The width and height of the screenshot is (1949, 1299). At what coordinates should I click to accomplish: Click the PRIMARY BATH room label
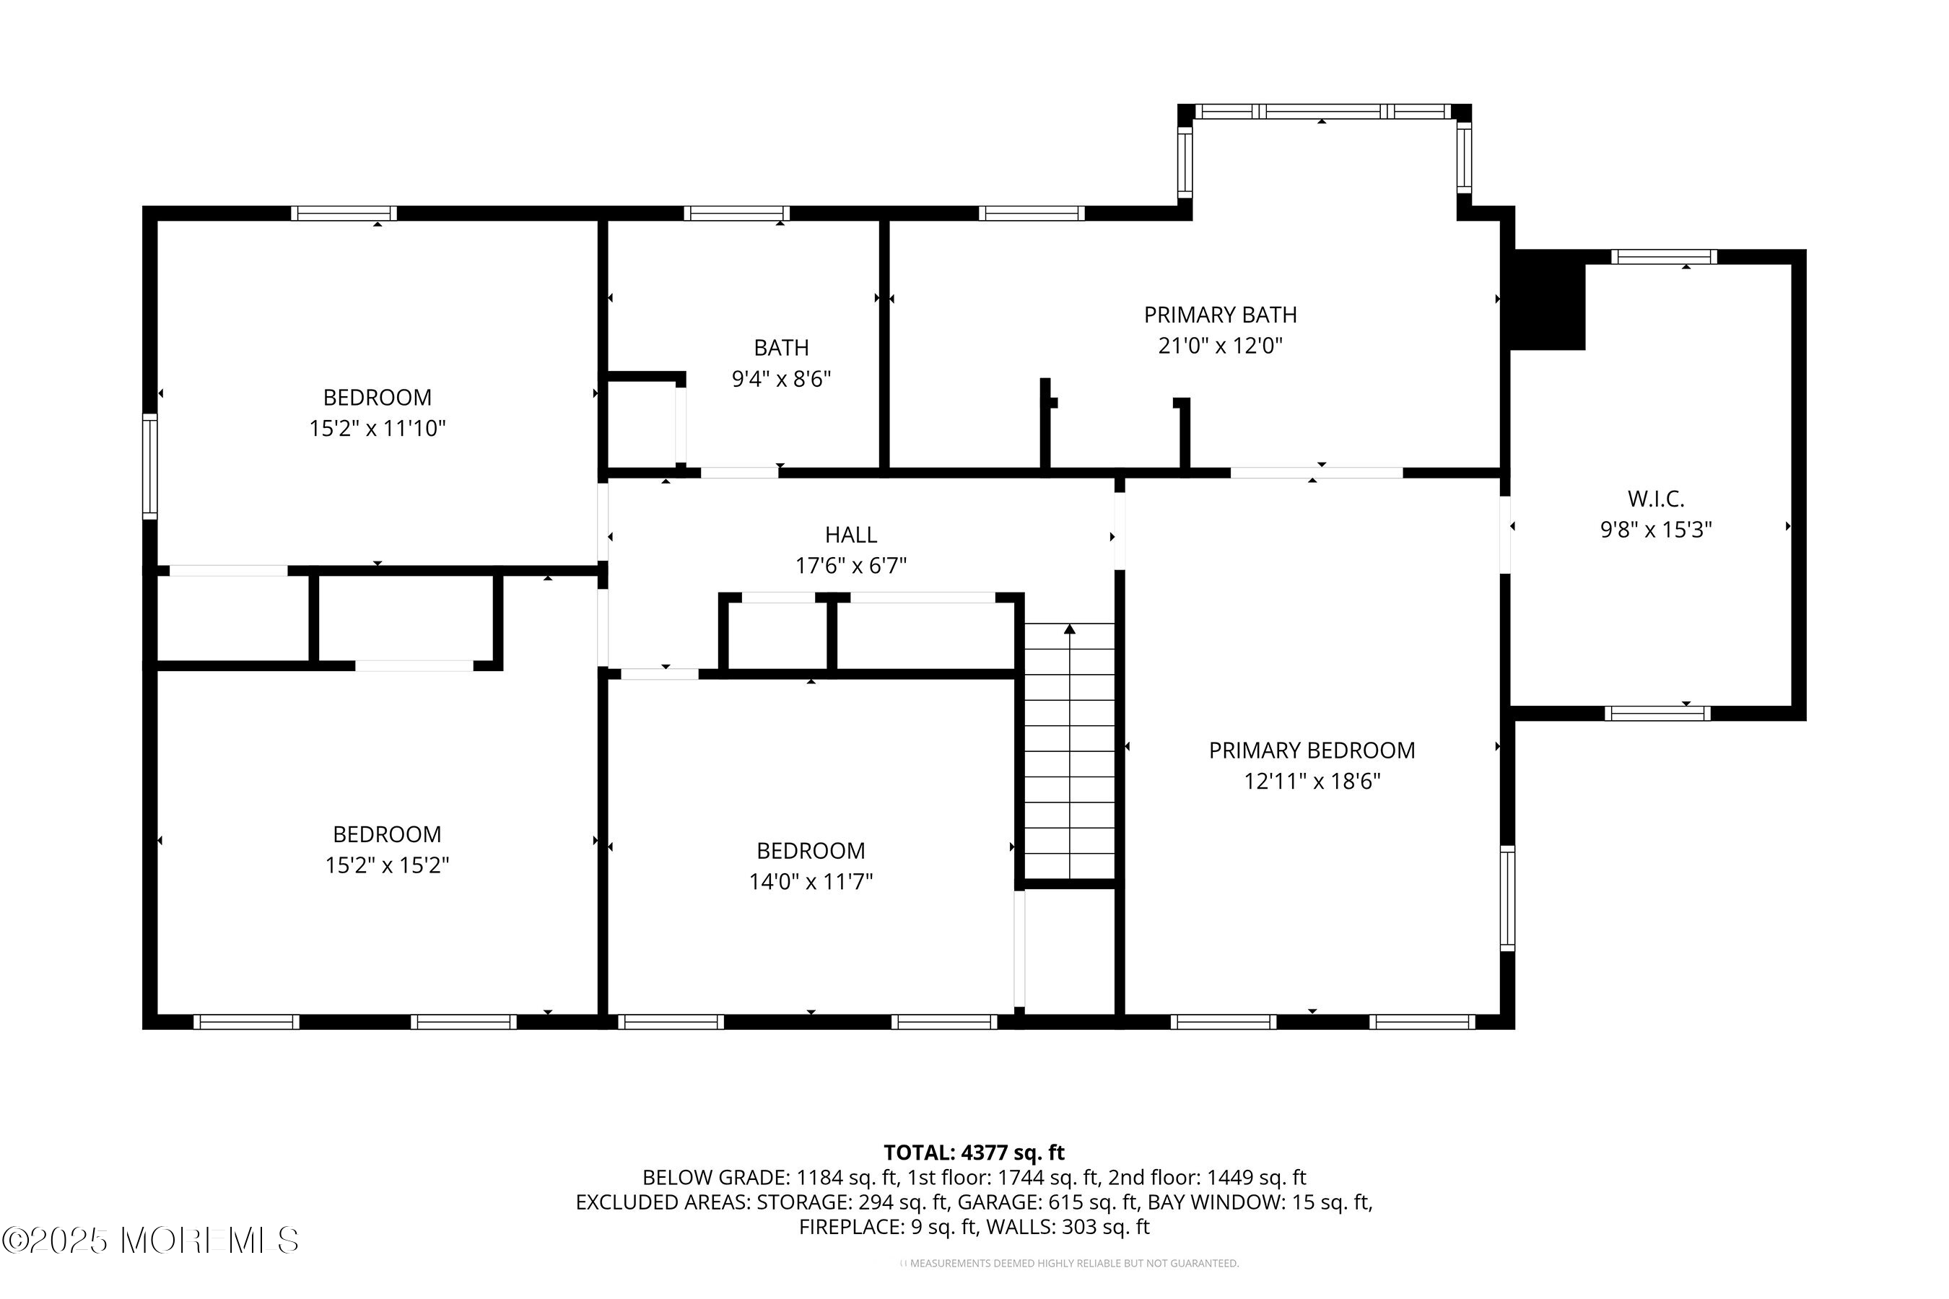1220,315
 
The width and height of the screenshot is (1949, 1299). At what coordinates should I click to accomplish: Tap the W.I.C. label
1656,499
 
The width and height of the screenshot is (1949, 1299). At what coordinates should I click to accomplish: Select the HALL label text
851,535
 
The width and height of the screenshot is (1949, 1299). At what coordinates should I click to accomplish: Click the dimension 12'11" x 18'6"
1312,782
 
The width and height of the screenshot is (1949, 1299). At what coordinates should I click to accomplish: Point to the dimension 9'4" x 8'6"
780,379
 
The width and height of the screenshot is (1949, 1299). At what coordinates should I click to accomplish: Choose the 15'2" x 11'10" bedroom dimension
377,428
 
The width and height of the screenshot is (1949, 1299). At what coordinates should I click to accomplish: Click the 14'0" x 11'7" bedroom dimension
811,881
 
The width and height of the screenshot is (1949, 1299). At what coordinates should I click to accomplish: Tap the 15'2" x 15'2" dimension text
387,865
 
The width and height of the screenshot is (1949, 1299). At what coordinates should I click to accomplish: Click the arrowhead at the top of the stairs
1070,629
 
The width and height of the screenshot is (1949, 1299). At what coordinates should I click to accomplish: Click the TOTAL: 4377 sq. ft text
974,1153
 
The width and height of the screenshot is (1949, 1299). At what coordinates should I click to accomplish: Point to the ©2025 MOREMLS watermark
150,1240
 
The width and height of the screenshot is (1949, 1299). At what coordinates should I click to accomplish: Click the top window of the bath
737,214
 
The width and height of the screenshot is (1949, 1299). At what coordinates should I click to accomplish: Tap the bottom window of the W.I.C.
1657,713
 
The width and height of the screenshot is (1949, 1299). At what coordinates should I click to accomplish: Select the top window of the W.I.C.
1664,257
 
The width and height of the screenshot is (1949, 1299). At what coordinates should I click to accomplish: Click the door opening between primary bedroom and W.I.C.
1505,535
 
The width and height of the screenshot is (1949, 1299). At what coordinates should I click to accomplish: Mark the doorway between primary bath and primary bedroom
1317,473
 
